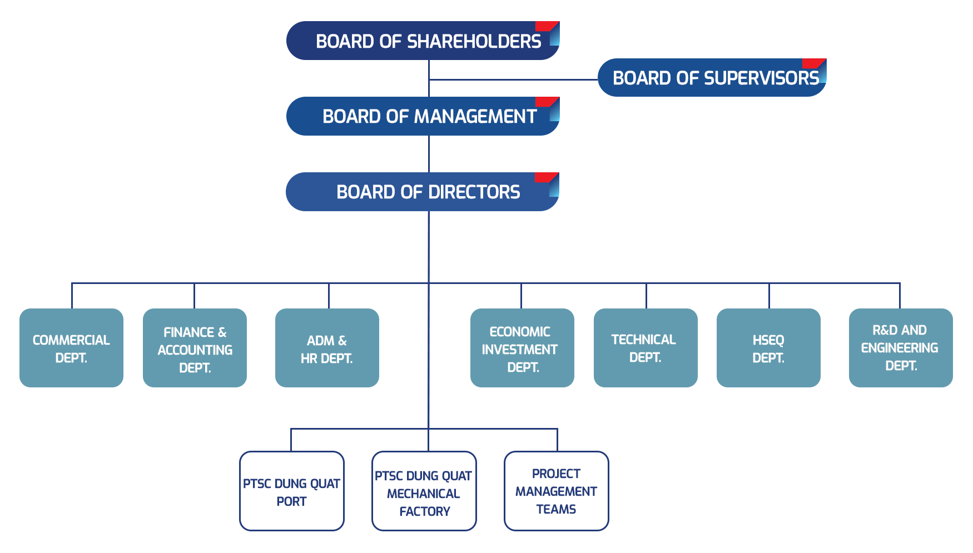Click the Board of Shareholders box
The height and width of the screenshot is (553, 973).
click(x=423, y=41)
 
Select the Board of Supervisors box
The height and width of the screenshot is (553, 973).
click(x=711, y=77)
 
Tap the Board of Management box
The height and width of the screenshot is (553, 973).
click(x=423, y=116)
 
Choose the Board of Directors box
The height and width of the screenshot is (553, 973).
click(x=423, y=191)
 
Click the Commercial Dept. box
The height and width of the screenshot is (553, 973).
click(x=72, y=348)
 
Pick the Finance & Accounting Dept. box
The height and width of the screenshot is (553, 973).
click(x=195, y=348)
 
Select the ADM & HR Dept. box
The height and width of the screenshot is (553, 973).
click(x=327, y=348)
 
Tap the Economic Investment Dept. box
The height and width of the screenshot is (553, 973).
click(x=522, y=348)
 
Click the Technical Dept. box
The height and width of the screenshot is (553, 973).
click(x=645, y=348)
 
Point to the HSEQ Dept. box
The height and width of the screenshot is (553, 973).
click(x=768, y=348)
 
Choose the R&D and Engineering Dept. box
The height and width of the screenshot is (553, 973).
click(x=900, y=348)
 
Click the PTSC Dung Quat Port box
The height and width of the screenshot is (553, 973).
click(x=292, y=491)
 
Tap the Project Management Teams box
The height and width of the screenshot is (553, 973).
click(x=556, y=491)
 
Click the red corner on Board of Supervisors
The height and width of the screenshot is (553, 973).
click(x=811, y=63)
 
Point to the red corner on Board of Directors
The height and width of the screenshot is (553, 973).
click(x=544, y=177)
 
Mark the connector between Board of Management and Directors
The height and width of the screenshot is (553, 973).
click(x=429, y=153)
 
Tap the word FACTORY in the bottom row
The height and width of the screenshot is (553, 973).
click(x=425, y=511)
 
